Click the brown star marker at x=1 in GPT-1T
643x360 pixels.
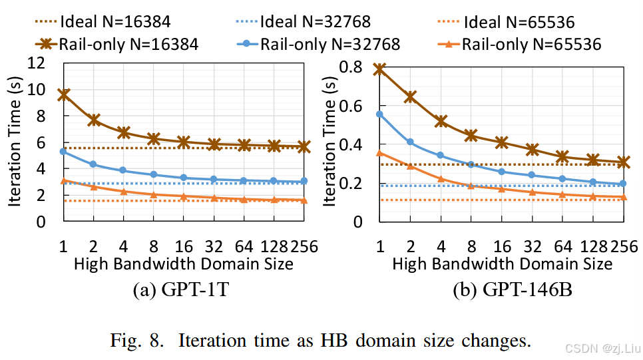tap(64, 95)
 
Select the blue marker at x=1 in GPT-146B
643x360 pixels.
tap(380, 114)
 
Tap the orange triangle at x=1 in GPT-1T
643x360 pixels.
tap(64, 181)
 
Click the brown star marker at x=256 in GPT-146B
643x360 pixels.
tap(623, 162)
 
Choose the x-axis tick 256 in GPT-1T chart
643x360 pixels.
tap(306, 246)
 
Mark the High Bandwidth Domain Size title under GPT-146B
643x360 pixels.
tap(502, 264)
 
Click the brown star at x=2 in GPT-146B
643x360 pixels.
tap(410, 97)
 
